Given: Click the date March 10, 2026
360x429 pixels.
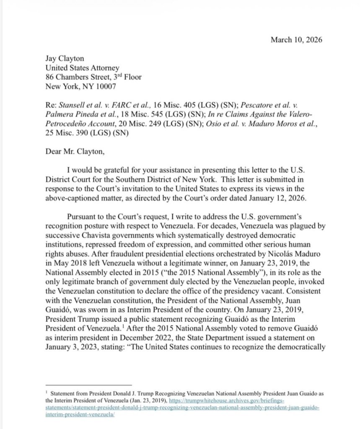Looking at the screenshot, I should [296, 40].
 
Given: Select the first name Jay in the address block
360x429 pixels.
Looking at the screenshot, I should [51, 58].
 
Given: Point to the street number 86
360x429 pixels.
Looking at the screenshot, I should [49, 77].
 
